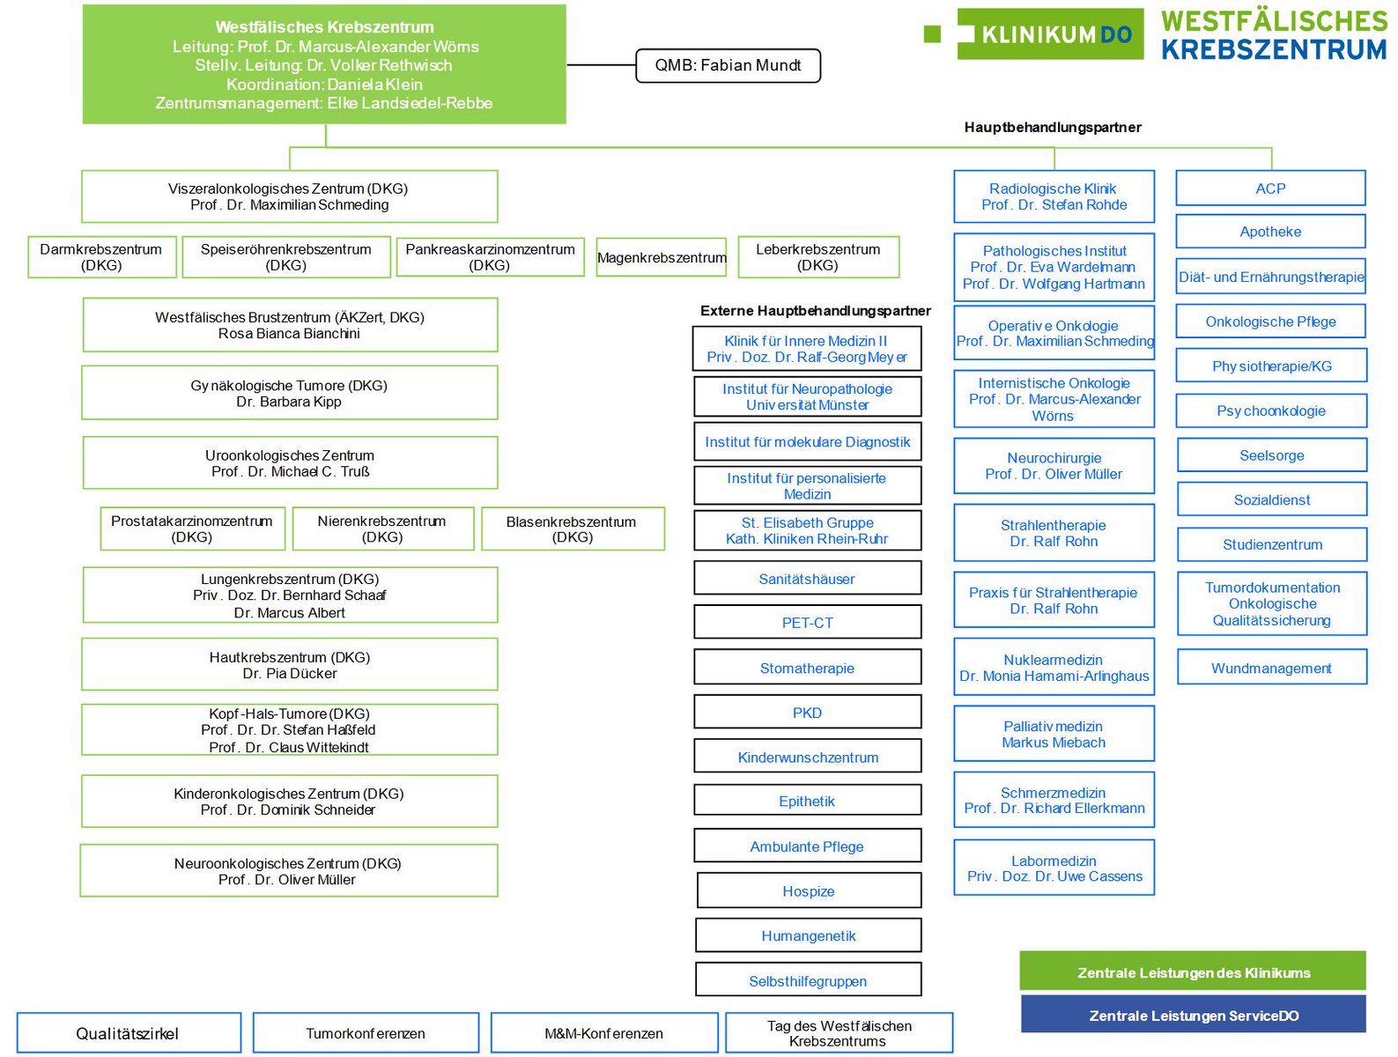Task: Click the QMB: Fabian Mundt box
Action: pyautogui.click(x=728, y=66)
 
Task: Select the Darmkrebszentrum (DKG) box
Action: pyautogui.click(x=101, y=257)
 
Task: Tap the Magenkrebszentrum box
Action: pyautogui.click(x=662, y=257)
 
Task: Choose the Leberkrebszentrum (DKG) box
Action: pyautogui.click(x=817, y=257)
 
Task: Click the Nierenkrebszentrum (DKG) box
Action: pyautogui.click(x=382, y=528)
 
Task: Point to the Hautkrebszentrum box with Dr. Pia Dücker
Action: pyautogui.click(x=290, y=665)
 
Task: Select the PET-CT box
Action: pyautogui.click(x=807, y=623)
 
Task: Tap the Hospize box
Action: pyautogui.click(x=809, y=891)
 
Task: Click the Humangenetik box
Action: pyautogui.click(x=809, y=935)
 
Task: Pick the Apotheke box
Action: pyautogui.click(x=1270, y=232)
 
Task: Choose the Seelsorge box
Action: pyautogui.click(x=1272, y=455)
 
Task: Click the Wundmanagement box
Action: pyautogui.click(x=1271, y=668)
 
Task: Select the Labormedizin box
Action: pyautogui.click(x=1054, y=869)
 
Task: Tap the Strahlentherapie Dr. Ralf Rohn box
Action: pyautogui.click(x=1054, y=533)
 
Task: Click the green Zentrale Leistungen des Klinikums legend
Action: pyautogui.click(x=1193, y=972)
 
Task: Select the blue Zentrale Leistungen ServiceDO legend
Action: pyautogui.click(x=1193, y=1015)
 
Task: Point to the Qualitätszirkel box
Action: pyautogui.click(x=128, y=1033)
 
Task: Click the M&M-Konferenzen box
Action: pyautogui.click(x=603, y=1033)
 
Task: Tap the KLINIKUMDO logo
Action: pyautogui.click(x=1050, y=34)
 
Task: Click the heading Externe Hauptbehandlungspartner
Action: pyautogui.click(x=815, y=311)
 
